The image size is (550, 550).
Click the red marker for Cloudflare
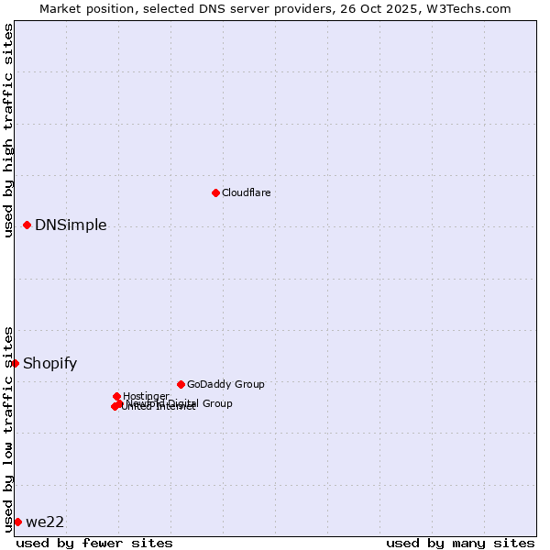tap(215, 192)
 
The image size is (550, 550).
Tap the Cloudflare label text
tap(246, 192)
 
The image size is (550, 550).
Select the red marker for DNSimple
tap(27, 225)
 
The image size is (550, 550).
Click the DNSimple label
tap(71, 225)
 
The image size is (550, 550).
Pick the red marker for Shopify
tap(16, 363)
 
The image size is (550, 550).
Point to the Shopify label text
tap(49, 364)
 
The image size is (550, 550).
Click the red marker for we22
tap(17, 522)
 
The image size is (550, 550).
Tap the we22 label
tap(45, 522)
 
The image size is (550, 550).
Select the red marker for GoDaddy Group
tap(181, 384)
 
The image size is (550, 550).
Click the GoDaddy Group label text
tap(225, 384)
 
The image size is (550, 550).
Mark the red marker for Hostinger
tap(116, 396)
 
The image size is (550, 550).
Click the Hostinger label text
tap(146, 396)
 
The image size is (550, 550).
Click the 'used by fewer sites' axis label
tap(94, 543)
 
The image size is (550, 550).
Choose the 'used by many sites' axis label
tap(460, 543)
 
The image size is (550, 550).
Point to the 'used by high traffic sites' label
tap(8, 130)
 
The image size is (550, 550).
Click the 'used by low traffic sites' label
tap(8, 429)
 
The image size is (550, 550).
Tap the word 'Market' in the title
tap(61, 8)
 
